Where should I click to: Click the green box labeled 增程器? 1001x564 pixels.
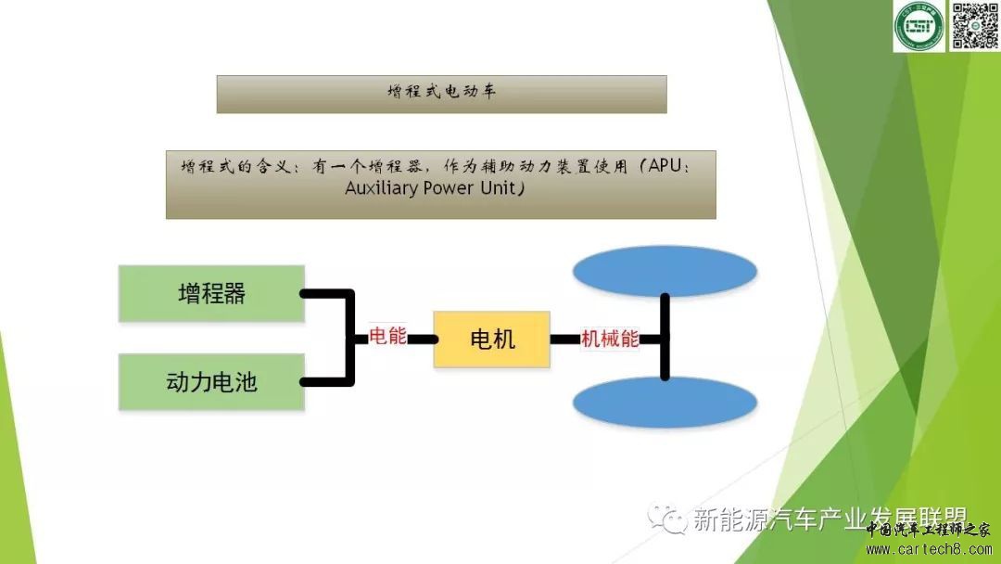[211, 293]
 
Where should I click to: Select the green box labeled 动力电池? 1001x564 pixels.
[211, 381]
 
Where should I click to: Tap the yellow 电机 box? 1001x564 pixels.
[492, 339]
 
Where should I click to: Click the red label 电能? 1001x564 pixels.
[387, 337]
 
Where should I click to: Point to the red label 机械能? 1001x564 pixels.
[610, 339]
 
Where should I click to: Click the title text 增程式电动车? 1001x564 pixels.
[441, 94]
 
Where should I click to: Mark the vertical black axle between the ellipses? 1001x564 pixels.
[665, 338]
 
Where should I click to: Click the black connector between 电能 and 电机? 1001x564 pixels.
[423, 339]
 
